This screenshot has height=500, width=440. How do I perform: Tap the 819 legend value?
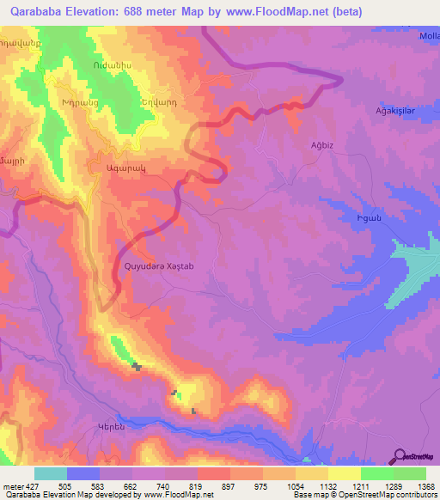[198, 486]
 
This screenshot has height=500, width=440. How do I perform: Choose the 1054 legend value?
[295, 486]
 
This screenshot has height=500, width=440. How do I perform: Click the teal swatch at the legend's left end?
[51, 473]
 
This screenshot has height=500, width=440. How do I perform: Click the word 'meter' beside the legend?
[11, 486]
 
